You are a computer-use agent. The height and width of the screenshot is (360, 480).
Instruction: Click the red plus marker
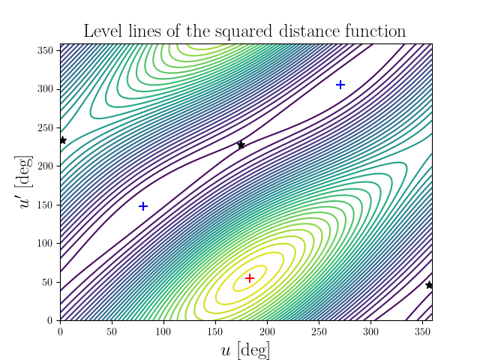[x=250, y=278]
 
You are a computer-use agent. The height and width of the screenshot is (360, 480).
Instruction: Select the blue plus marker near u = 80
[x=143, y=206]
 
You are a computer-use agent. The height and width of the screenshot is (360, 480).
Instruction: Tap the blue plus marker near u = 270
[x=340, y=85]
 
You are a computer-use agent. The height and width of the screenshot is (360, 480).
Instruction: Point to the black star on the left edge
[x=62, y=140]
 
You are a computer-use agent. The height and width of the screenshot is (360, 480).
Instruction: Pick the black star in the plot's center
[x=241, y=145]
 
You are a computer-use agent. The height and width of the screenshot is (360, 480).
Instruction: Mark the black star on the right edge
[x=429, y=285]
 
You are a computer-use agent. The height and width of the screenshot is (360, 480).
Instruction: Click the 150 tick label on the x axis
[x=215, y=329]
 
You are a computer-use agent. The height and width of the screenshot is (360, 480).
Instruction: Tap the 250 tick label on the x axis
[x=319, y=329]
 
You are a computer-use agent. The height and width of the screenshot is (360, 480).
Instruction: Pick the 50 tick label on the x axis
[x=112, y=329]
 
